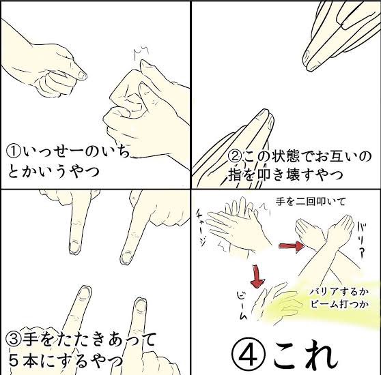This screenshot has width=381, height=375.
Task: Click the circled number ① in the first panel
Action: (14, 152)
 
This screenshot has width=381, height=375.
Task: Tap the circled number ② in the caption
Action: (235, 157)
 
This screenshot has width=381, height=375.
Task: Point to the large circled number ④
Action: (251, 357)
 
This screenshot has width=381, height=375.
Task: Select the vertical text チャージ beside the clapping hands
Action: (202, 228)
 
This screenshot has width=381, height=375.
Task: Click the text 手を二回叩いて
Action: (311, 202)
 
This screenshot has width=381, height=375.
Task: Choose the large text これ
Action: (306, 357)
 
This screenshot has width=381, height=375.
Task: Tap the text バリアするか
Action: (339, 292)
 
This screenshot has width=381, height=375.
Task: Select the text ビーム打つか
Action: (339, 303)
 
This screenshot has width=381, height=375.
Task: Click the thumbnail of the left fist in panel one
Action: (83, 76)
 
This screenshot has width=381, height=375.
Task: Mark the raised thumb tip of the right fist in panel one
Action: (143, 63)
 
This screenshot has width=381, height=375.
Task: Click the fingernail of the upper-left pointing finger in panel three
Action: (74, 246)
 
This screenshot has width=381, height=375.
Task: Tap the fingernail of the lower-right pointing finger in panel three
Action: (141, 305)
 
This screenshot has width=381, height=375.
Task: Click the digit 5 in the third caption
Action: (14, 361)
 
